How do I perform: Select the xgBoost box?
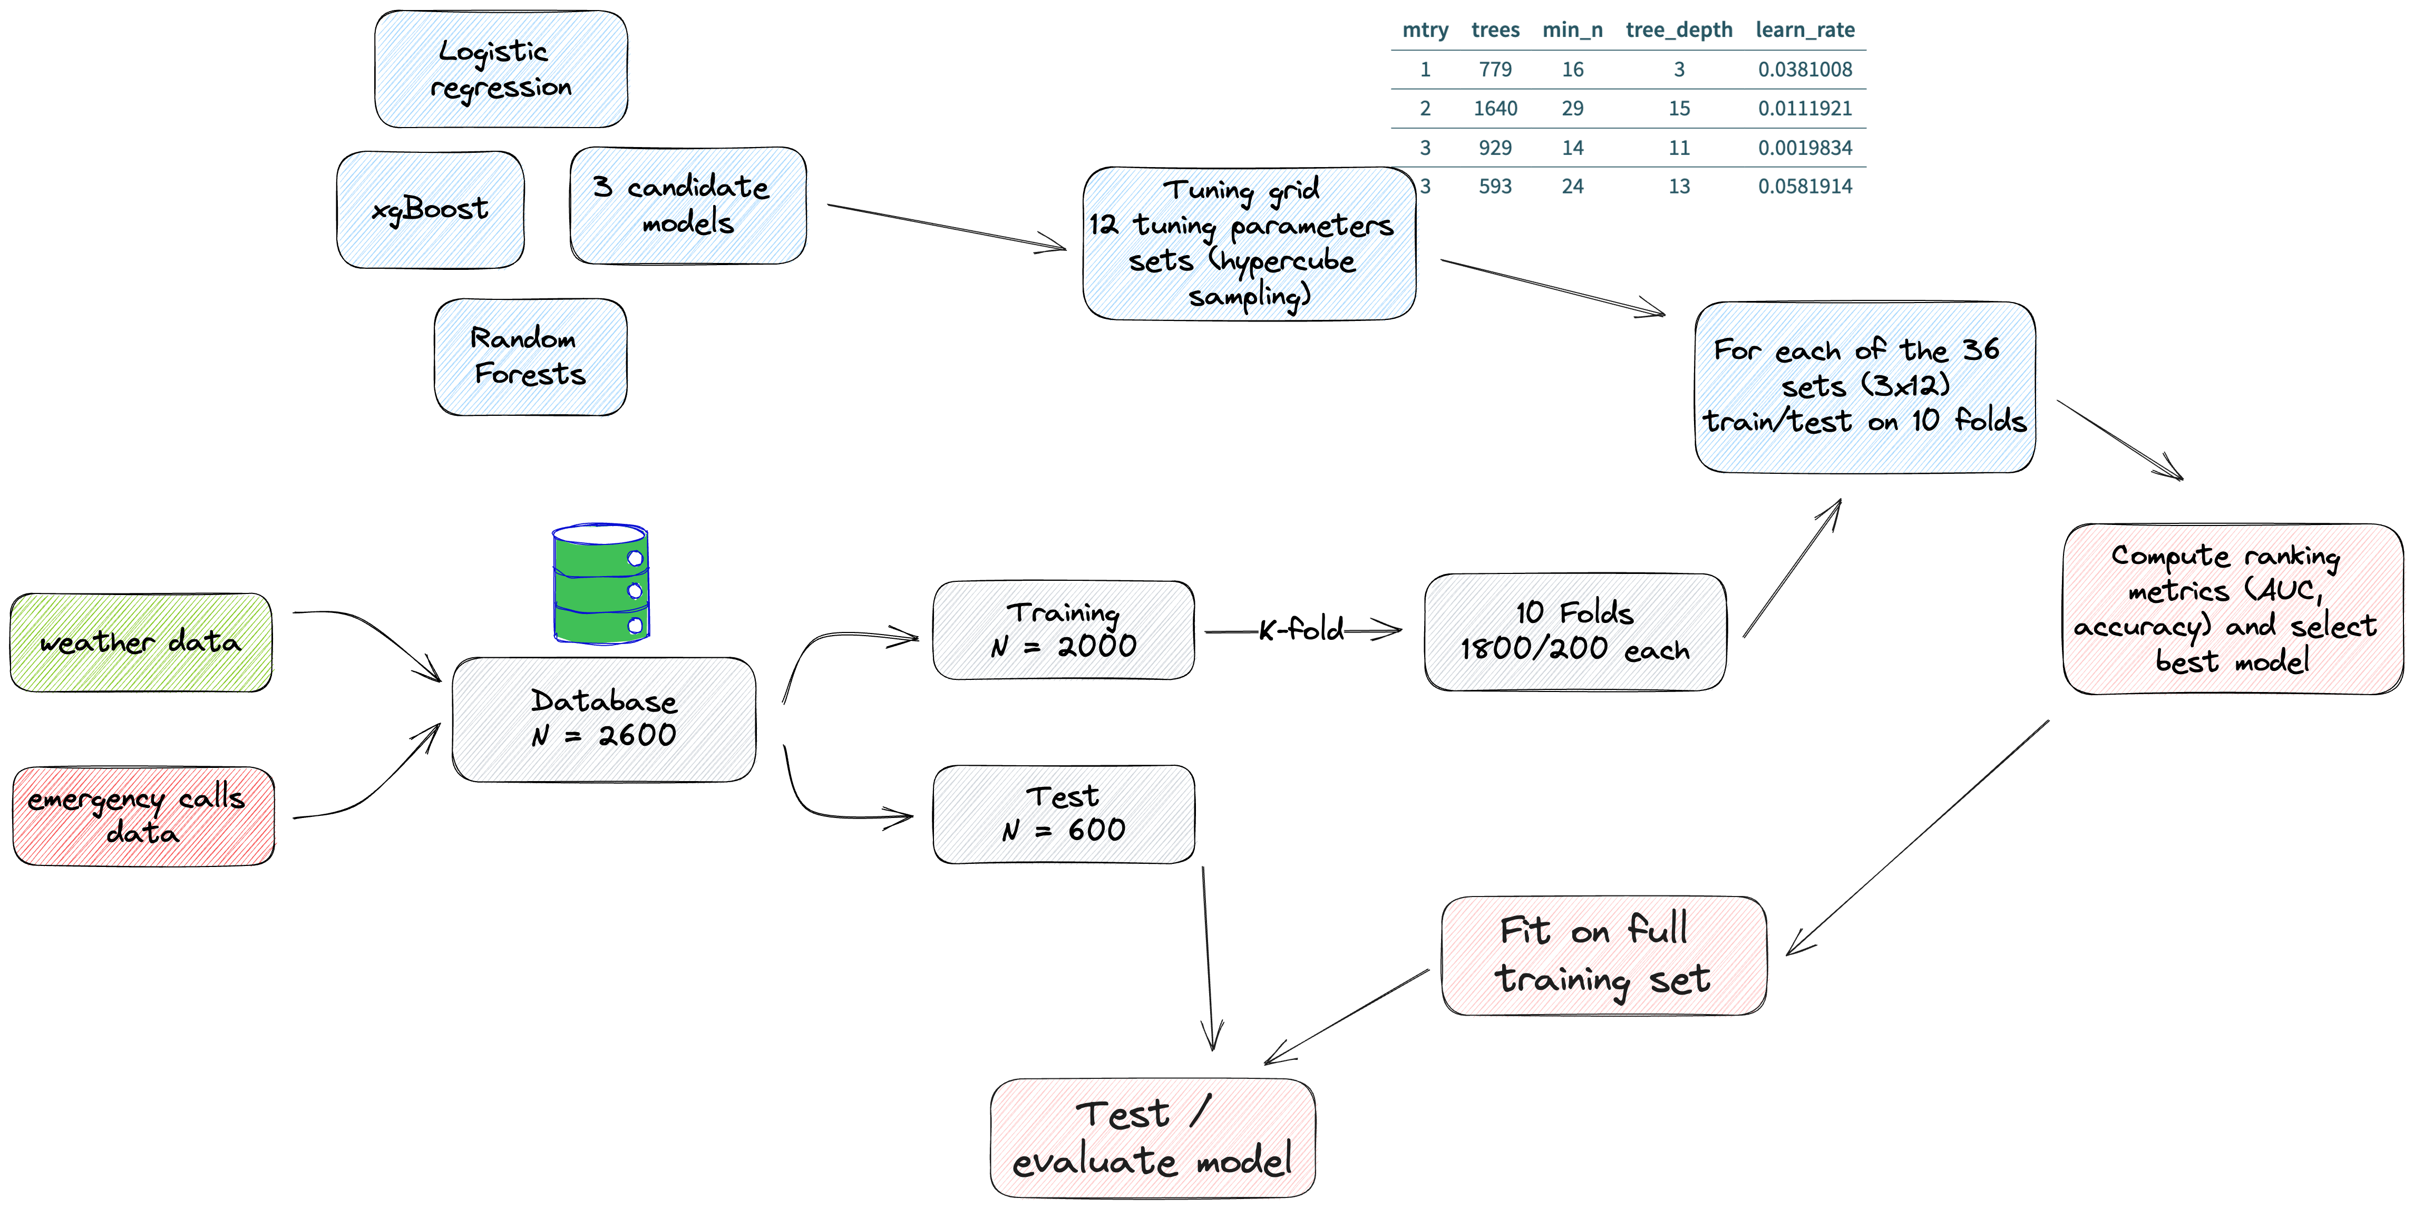[432, 210]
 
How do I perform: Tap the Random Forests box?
[531, 357]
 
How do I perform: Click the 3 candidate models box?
[690, 205]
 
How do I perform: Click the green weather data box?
[141, 643]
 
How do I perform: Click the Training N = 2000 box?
[1065, 630]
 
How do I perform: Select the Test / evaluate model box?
[1154, 1138]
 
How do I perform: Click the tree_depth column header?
[1678, 30]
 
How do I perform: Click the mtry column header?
[1424, 30]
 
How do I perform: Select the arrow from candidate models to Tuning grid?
[947, 227]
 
